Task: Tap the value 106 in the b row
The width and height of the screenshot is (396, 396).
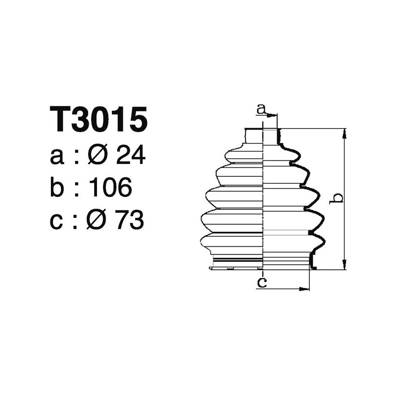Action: (109, 188)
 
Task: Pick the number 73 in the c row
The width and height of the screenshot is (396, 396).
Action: (130, 221)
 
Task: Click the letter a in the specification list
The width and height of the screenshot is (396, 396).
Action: (57, 157)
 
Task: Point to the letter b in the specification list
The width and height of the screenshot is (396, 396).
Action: (57, 188)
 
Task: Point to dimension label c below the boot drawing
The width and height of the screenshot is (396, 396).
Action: (262, 283)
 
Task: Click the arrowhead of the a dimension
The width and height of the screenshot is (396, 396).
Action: (273, 115)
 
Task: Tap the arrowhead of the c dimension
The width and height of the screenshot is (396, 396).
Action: (305, 289)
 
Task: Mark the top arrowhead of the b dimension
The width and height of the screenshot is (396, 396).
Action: (344, 132)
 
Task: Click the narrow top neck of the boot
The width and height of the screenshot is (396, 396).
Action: (262, 136)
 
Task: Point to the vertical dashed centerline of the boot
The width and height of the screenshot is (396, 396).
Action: (262, 198)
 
